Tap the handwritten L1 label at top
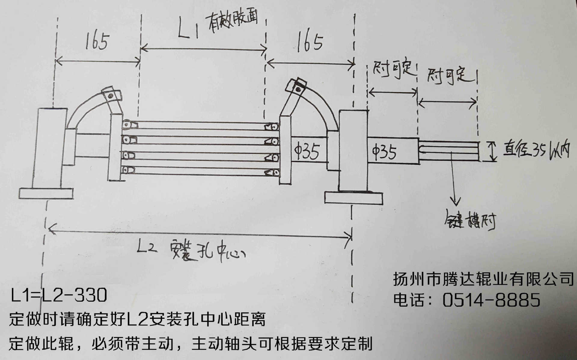point(188,29)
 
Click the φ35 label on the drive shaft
point(385,151)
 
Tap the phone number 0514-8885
point(491,300)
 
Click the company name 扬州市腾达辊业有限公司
point(483,279)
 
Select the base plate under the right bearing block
point(354,198)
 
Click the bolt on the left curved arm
point(110,96)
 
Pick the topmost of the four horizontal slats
point(200,125)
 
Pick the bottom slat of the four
point(200,171)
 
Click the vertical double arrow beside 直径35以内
point(492,152)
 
